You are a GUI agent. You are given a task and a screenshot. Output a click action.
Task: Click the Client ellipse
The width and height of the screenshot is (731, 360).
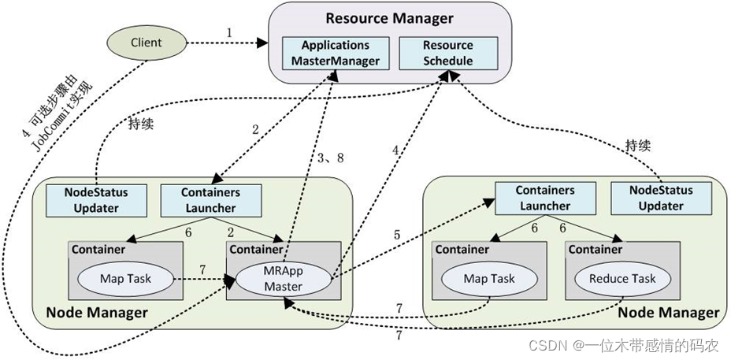tap(146, 42)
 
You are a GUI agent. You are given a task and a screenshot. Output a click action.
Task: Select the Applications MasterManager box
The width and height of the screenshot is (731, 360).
tap(336, 52)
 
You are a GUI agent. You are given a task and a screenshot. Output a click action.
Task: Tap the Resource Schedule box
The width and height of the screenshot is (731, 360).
tap(447, 52)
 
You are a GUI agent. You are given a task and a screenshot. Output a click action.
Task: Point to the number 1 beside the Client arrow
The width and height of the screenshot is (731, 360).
tap(230, 33)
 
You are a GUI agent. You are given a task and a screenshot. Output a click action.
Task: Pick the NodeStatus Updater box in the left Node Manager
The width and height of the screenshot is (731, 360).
tap(97, 199)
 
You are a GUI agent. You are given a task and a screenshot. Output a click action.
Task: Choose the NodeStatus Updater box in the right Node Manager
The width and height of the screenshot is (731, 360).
tap(660, 197)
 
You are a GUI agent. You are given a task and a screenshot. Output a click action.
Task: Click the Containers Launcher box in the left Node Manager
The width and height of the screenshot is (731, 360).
tap(210, 199)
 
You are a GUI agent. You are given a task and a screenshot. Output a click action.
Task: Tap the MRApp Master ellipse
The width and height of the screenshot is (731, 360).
tap(283, 279)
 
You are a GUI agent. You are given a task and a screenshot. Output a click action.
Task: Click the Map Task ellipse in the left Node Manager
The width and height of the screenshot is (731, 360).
tap(125, 278)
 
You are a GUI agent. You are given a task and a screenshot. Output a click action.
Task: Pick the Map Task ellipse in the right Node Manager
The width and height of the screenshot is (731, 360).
tap(489, 278)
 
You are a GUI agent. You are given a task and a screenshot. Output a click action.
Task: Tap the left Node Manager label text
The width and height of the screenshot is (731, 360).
tap(96, 312)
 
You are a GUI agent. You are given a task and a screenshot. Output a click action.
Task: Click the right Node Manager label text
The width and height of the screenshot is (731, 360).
tap(668, 312)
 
